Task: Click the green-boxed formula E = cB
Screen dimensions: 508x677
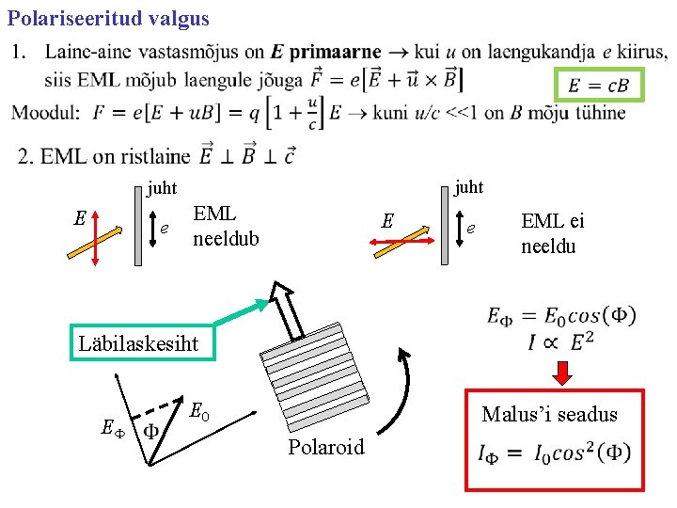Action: pos(597,87)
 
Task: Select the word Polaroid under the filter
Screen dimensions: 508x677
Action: pos(326,447)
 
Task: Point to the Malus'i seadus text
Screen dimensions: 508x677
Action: pos(549,414)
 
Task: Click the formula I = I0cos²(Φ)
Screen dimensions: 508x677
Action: pos(555,454)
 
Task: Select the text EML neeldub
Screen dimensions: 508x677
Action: pos(225,227)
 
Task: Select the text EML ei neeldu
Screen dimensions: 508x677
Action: pos(553,233)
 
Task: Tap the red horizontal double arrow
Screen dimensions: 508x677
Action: pos(399,242)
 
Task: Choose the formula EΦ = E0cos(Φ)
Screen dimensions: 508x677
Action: pos(560,316)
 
